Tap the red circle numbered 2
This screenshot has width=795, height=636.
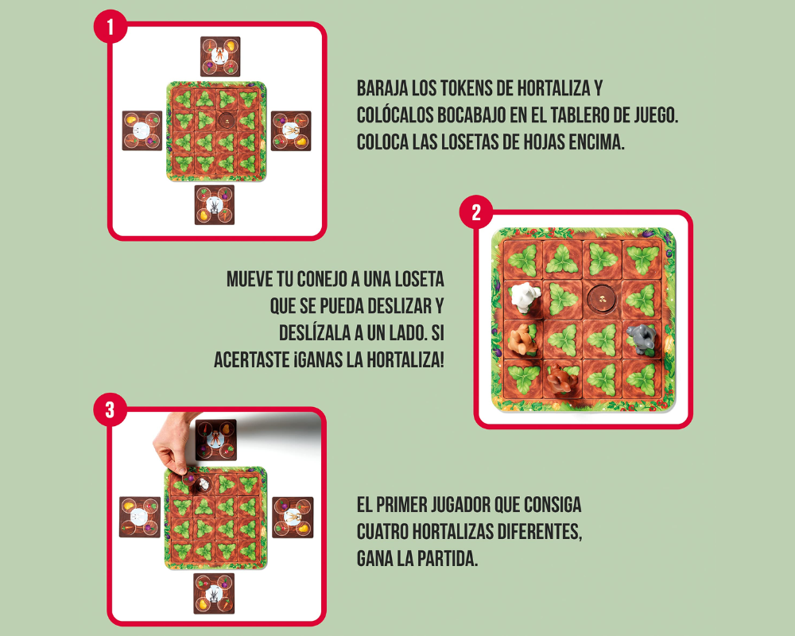click(x=476, y=213)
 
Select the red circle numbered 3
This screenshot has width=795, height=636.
click(x=111, y=411)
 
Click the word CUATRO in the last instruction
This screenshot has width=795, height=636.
click(x=386, y=531)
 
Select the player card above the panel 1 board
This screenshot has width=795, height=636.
click(x=219, y=56)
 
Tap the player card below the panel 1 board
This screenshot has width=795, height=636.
click(x=215, y=205)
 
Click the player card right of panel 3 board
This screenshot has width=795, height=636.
click(x=293, y=517)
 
